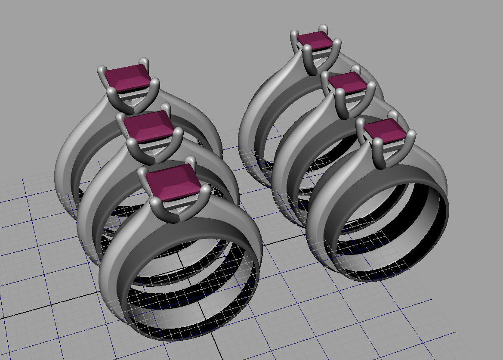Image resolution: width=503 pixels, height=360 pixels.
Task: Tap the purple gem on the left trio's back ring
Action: [127, 77]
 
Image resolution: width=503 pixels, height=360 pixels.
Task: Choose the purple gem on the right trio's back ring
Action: [315, 39]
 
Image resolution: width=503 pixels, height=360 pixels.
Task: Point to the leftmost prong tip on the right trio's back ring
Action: [294, 34]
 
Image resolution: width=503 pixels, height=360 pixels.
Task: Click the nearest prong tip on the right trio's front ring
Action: [377, 143]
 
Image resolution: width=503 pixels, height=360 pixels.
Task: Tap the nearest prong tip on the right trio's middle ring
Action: [339, 93]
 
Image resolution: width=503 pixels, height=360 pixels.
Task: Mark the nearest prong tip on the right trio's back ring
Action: [307, 50]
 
